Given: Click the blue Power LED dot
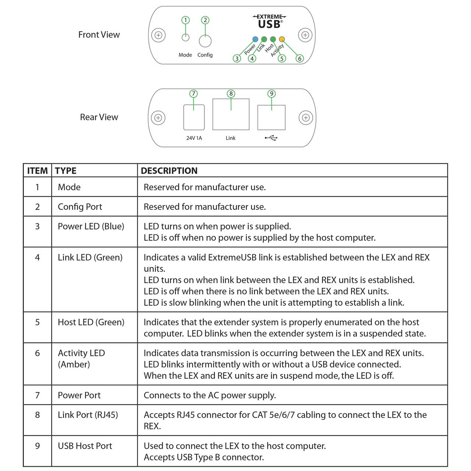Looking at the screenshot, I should pos(255,39).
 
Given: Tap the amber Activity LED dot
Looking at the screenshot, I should pos(282,39).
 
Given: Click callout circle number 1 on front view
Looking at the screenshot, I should pos(185,20).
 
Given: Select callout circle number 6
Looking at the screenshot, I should pos(300,59).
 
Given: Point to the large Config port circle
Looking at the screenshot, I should pos(205,41).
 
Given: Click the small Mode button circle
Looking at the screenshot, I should pos(185,37).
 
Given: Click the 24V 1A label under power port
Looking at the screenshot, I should pos(194,138).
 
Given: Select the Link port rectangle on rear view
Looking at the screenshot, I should pos(231,114).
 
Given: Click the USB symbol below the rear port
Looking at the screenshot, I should pos(271,138).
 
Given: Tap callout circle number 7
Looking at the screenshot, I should pos(194,94).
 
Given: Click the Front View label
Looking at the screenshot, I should pos(99,35).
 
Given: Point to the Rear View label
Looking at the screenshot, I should pos(99,117).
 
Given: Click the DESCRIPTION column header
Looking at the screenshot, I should pos(169,171).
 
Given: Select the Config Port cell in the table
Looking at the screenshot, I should pos(80,207).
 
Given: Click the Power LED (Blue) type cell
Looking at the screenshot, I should pos(91,226).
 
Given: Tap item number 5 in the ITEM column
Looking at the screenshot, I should pos(37,322).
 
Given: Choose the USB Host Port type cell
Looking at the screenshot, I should pos(85,446).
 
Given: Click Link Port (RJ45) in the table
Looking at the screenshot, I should pos(88,415).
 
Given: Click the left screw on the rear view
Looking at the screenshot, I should pos(158,118).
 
